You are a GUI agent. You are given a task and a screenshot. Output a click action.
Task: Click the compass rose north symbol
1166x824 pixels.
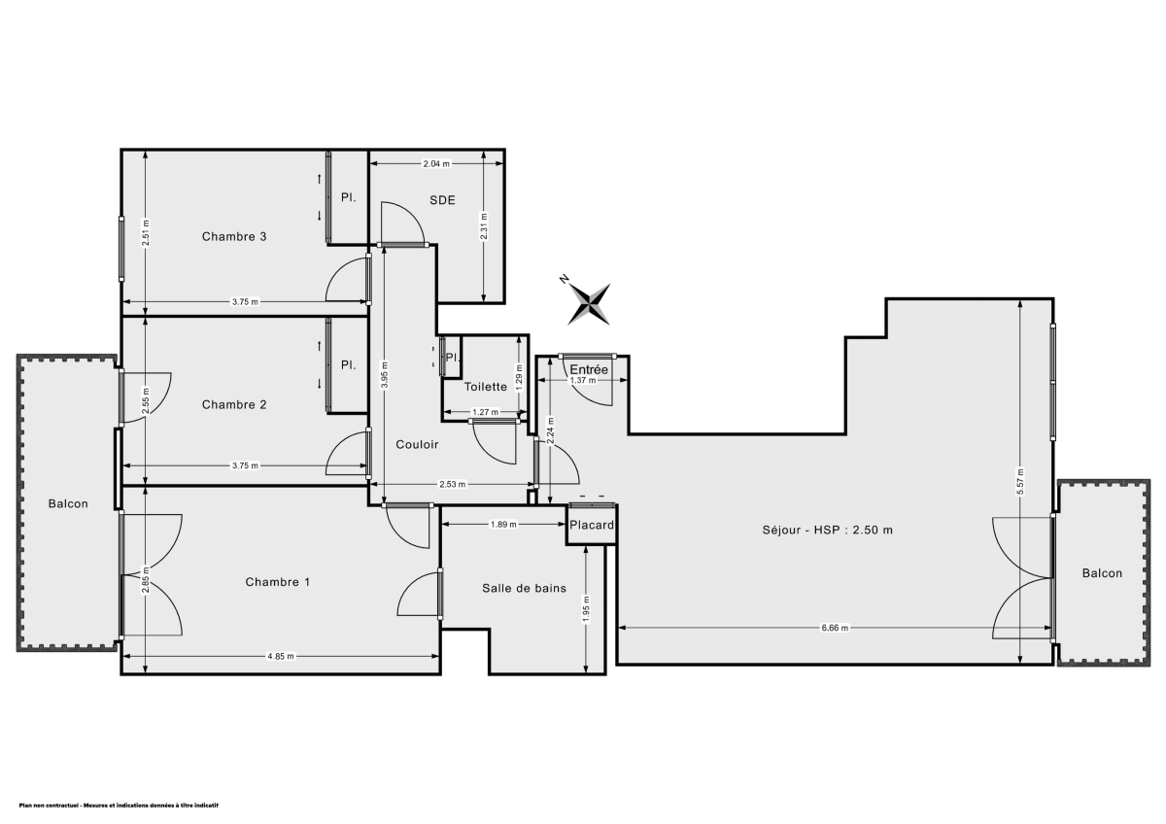589,302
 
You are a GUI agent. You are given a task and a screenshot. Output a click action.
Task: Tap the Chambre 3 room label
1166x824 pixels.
234,236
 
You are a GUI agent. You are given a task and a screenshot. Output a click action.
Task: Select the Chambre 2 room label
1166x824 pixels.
234,404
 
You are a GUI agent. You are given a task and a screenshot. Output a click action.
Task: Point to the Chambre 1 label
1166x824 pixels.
277,582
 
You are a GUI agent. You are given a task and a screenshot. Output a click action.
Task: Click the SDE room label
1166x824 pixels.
443,200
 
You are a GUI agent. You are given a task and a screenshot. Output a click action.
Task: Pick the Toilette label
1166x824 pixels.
486,387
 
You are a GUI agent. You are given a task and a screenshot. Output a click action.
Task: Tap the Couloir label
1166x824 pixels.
417,444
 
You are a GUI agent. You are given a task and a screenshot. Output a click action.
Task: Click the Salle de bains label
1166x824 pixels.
525,588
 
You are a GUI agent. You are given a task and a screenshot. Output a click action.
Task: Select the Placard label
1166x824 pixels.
592,526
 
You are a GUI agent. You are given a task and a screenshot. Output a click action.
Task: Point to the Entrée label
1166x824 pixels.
588,370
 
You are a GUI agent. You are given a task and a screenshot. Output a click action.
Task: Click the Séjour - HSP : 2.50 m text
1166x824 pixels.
827,530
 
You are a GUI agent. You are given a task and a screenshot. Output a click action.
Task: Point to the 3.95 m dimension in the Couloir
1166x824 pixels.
385,375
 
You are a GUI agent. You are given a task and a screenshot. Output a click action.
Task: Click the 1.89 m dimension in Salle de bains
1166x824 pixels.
502,524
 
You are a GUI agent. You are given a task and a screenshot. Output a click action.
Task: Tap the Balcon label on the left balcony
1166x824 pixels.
68,503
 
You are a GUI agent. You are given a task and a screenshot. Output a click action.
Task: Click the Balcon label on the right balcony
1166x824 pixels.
1102,573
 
